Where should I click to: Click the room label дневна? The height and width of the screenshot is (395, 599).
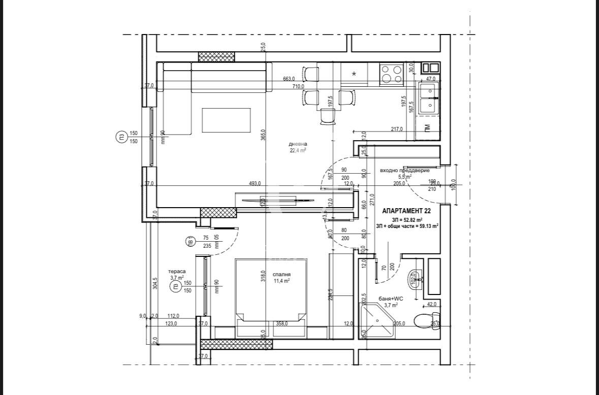pos(298,144)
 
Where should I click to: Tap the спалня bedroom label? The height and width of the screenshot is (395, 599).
pos(281,274)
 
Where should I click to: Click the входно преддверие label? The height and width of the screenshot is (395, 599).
pos(405,171)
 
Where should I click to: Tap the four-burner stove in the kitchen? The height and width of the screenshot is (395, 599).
pos(391,74)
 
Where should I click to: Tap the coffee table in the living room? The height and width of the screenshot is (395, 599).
pos(226,120)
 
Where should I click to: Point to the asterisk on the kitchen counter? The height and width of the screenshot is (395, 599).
pos(354,74)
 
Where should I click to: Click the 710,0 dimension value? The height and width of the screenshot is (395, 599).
pos(298,87)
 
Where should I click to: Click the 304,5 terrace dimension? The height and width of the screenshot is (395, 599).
pos(155,282)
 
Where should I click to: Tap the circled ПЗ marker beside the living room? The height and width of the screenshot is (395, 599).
pos(121,137)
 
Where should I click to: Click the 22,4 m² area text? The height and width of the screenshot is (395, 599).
pos(298,150)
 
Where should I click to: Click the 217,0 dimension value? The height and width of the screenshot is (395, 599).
pos(397,129)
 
